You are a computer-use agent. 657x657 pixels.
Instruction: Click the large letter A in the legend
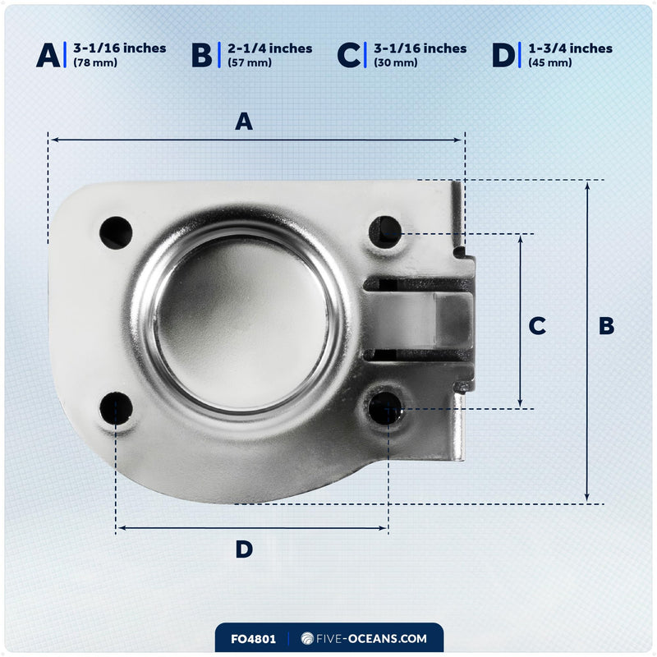click(x=48, y=55)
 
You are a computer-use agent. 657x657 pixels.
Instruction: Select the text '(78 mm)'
click(x=95, y=63)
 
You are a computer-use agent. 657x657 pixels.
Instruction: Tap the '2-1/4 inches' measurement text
click(x=270, y=48)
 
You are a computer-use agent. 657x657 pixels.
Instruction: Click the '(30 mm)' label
click(x=396, y=63)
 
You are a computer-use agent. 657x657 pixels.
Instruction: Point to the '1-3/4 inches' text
click(x=570, y=48)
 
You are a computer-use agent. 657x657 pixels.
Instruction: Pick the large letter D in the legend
click(x=503, y=55)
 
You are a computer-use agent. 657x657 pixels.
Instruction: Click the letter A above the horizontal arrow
click(x=244, y=122)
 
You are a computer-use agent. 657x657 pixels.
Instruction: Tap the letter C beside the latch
click(x=537, y=325)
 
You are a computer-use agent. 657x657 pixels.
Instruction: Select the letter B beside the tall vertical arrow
click(x=606, y=325)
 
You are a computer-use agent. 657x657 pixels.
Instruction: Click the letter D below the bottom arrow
click(x=244, y=549)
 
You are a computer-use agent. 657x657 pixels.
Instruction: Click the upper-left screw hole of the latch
click(x=116, y=232)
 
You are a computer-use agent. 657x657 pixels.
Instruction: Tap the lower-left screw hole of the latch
click(x=116, y=408)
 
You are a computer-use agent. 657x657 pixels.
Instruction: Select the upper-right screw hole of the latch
click(x=384, y=232)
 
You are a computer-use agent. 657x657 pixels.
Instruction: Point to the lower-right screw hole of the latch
click(x=384, y=408)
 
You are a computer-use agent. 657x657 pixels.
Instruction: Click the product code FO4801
click(x=253, y=639)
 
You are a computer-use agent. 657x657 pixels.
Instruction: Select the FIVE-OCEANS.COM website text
click(x=371, y=639)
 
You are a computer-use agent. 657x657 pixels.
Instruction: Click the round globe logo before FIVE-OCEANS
click(x=307, y=639)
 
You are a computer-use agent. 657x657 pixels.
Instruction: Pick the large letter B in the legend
click(x=201, y=55)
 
